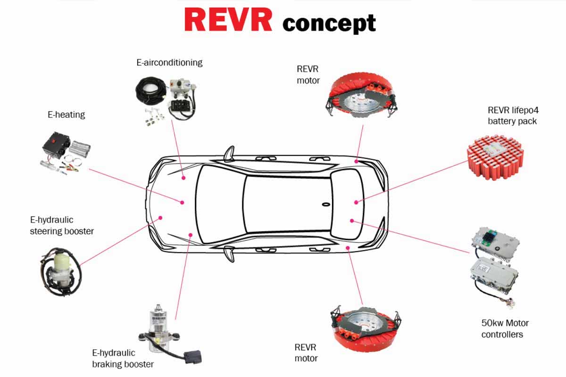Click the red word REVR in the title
pos(228,20)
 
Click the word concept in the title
pos(329,23)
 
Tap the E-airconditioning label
pos(169,62)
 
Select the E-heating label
pos(66,114)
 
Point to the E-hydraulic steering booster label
pos(62,225)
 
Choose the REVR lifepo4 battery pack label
pos(512,115)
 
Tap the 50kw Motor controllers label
pos(505,328)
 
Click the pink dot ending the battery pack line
pos(356,202)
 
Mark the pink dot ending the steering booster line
pos(160,218)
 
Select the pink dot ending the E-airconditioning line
pos(183,178)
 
